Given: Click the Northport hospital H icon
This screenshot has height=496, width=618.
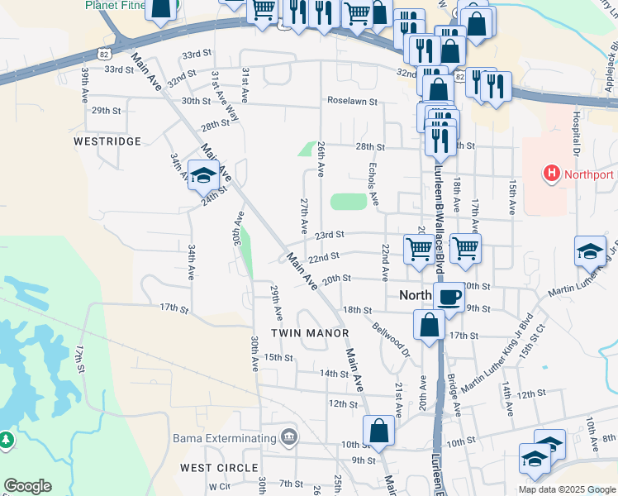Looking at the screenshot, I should click(x=551, y=174).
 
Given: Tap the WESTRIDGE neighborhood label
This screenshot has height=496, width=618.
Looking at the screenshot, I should click(x=107, y=141).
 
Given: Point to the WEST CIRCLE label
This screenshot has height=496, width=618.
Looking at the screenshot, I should click(x=220, y=468).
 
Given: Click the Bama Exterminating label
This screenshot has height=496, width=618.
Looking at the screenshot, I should click(x=223, y=438).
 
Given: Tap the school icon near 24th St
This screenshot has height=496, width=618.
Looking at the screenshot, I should click(x=202, y=174).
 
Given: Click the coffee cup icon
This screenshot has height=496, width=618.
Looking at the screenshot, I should click(x=449, y=297).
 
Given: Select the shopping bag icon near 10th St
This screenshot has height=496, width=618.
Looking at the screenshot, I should click(x=378, y=431).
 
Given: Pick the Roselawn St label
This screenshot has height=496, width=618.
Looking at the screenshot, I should click(x=352, y=102).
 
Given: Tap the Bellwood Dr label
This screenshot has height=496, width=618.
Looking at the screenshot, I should click(x=391, y=339).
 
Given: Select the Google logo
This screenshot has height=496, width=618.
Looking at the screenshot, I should click(x=27, y=485).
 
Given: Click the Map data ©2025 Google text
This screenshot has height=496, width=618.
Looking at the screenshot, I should click(x=566, y=489).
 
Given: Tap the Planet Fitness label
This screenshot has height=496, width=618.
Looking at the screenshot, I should click(x=116, y=5).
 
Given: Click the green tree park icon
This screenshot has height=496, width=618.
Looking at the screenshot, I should click(x=6, y=440).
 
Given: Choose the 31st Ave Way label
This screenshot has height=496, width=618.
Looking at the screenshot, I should click(x=224, y=96).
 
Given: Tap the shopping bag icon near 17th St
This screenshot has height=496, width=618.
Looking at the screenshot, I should click(x=430, y=325).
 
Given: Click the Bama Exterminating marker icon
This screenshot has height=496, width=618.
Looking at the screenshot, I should click(x=289, y=437).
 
